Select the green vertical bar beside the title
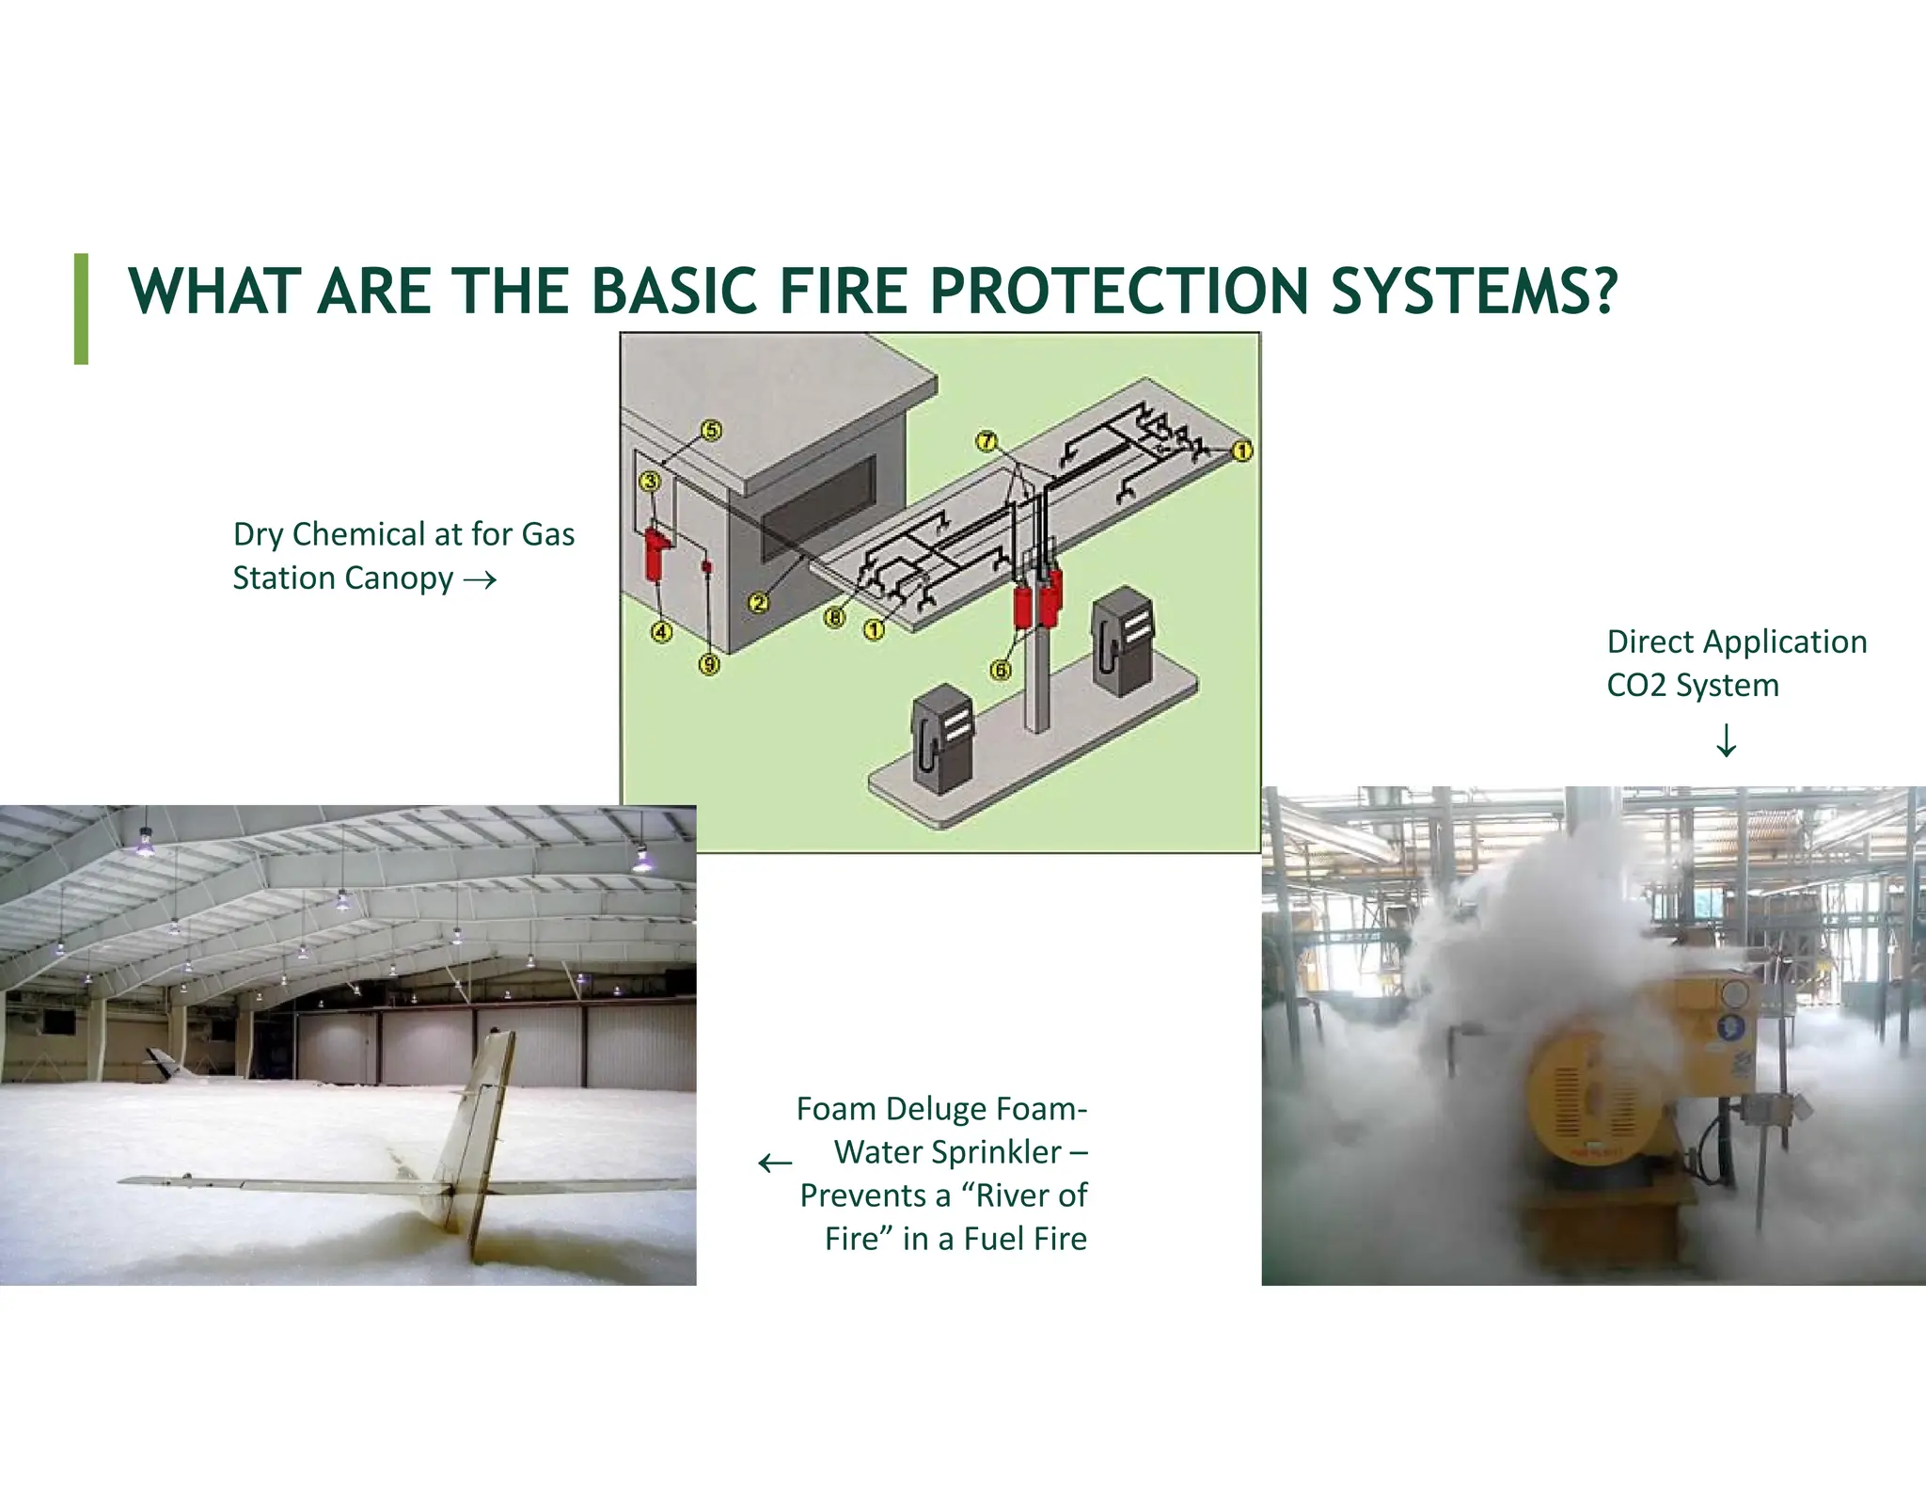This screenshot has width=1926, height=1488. [x=82, y=309]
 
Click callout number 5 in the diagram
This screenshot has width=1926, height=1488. [x=712, y=431]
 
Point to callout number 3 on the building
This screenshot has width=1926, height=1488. [x=650, y=483]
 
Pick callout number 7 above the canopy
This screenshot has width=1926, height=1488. [x=986, y=441]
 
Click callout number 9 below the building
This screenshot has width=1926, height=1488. [x=709, y=665]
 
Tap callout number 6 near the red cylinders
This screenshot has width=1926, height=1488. [x=1001, y=670]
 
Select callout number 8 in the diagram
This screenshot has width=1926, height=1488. [x=834, y=618]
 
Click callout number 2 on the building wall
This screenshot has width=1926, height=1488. [x=759, y=603]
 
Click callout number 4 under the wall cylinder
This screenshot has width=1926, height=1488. [x=662, y=632]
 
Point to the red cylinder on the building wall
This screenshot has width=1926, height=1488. [x=655, y=555]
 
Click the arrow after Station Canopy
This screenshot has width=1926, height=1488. [x=480, y=580]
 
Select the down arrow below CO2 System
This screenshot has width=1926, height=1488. [x=1726, y=740]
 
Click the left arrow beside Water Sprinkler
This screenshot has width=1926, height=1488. [x=775, y=1163]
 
